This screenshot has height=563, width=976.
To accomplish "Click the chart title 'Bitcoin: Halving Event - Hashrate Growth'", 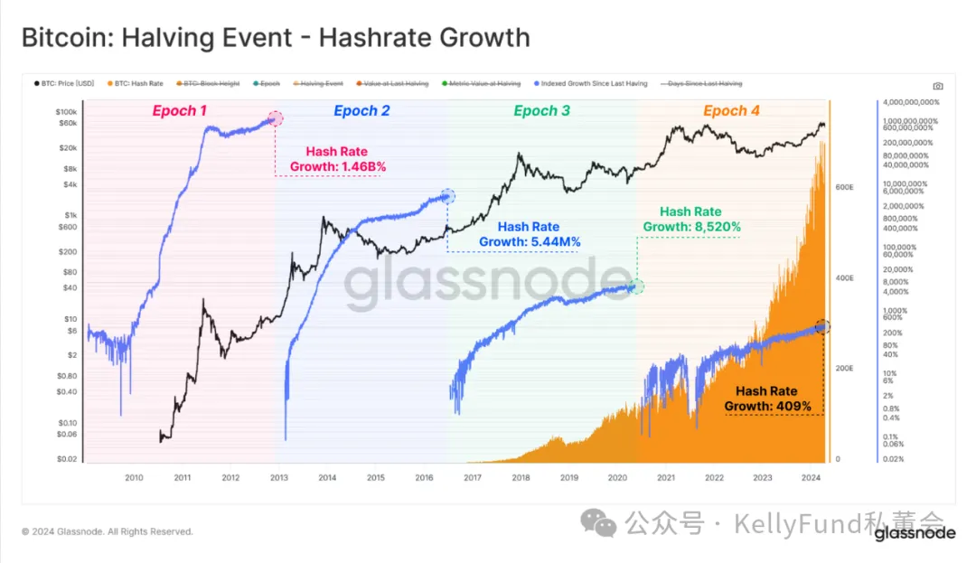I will coord(276,38).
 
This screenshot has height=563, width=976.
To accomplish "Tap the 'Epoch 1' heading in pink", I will coord(180,110).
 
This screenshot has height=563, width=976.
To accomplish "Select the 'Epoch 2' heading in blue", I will coord(361,110).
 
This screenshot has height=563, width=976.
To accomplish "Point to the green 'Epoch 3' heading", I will coord(541,110).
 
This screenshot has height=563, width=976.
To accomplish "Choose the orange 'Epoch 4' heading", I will coord(731,110).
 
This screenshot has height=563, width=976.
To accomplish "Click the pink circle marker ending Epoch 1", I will coord(275,118).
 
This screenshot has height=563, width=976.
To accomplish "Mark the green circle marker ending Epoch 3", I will coord(636,286).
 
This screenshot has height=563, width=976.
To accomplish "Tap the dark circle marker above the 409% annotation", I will coord(822,327).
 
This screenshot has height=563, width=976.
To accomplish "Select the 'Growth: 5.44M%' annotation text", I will coord(530,242).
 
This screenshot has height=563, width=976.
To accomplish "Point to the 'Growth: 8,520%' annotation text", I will coord(691,227).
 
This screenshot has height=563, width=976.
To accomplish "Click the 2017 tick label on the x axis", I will coord(473,478).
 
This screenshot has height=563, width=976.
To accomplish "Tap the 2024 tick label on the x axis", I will coord(811,478).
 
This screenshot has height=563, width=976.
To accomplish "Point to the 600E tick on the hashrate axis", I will coord(844,187).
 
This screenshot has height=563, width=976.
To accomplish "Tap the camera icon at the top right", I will coord(937,86).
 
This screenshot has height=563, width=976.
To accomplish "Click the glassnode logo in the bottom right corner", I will coord(914,533).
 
